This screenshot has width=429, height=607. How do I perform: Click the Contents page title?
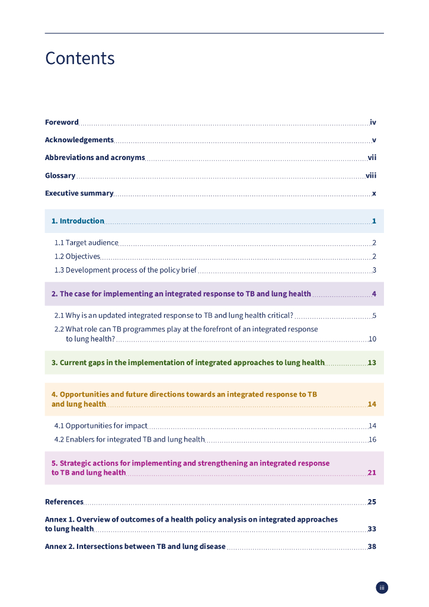pos(80,58)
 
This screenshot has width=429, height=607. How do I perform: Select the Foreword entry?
pos(62,123)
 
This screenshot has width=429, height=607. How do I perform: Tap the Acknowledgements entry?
pos(79,140)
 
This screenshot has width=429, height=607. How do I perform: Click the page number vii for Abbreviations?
pos(372,158)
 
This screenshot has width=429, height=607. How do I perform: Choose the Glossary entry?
pos(60,175)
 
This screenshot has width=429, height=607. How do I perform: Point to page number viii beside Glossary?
pos(371,175)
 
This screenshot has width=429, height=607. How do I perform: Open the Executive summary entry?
pos(79,193)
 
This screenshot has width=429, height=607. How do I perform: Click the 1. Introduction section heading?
pos(78,221)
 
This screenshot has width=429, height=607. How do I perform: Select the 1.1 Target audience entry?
pos(87,242)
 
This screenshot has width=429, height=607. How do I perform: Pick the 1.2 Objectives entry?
pos(77,257)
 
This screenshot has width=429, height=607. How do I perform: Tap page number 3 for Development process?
pos(374,270)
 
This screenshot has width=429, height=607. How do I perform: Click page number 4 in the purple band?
pos(374,294)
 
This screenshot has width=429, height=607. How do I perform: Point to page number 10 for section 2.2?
pos(372,339)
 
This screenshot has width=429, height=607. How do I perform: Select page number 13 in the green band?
pos(372,363)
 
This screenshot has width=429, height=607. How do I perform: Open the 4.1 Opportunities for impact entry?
pos(101,426)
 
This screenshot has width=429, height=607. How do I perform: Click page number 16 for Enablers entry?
pos(372,440)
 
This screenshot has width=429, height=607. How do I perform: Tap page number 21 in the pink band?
pos(372,473)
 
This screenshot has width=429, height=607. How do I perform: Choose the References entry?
pos(64,502)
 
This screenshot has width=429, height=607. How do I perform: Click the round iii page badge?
pos(382,587)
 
